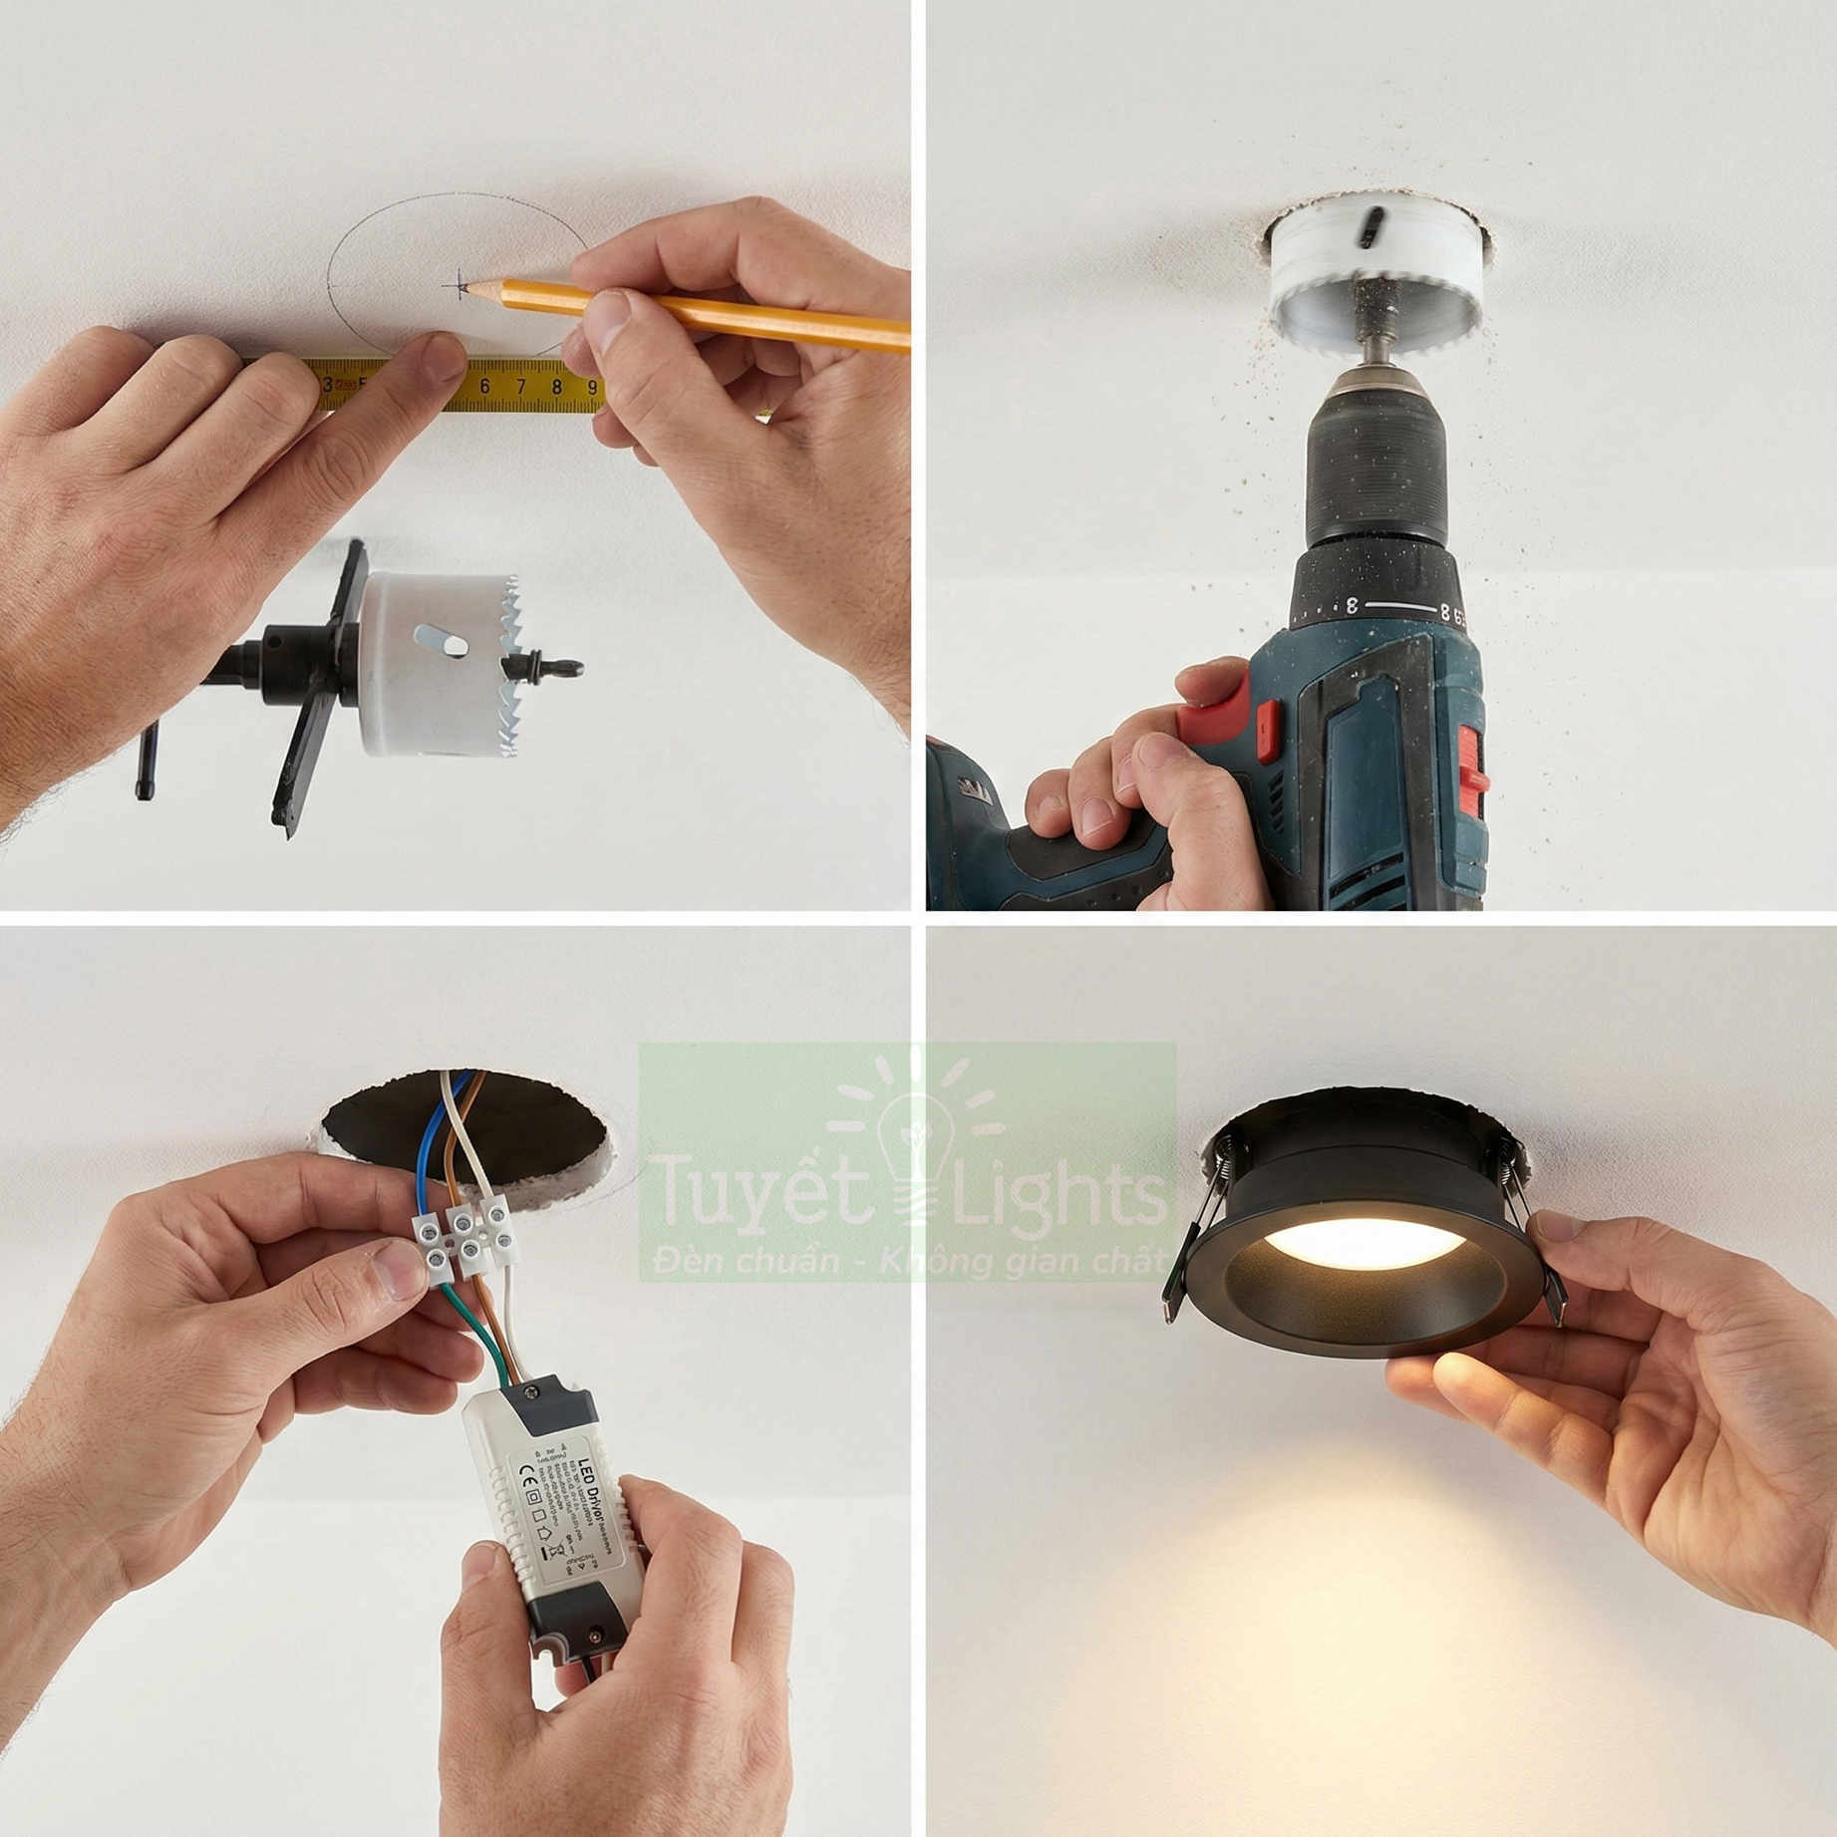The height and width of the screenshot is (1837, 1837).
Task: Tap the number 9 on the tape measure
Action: [592, 387]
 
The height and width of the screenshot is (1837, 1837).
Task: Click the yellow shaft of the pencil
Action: [698, 311]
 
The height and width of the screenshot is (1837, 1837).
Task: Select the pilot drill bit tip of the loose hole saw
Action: [572, 672]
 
